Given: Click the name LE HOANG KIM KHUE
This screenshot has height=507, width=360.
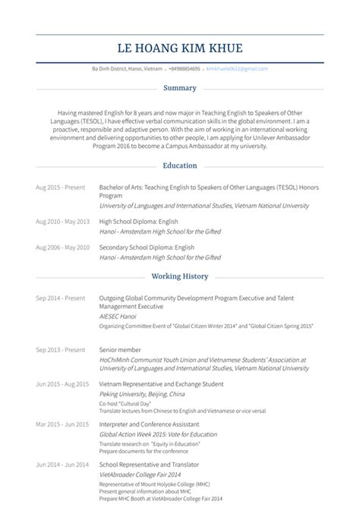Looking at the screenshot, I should tap(180, 49).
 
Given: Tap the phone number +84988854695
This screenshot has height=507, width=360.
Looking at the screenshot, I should tap(184, 68).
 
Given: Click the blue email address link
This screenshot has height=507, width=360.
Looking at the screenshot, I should tap(237, 68).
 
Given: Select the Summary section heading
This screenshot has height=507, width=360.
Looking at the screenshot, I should tap(180, 87).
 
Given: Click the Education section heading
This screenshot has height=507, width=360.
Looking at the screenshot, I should tap(180, 165).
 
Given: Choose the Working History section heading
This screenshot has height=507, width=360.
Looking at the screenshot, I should tap(180, 276).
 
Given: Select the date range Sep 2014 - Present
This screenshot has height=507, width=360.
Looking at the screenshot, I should tap(61, 298).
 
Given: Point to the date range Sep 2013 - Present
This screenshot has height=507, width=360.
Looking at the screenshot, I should tap(61, 349).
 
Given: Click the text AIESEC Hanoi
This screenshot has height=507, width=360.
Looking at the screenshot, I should tap(118, 315).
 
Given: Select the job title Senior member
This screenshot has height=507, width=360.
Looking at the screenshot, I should tap(120, 349).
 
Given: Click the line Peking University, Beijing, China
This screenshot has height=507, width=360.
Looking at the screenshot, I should tap(142, 395).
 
